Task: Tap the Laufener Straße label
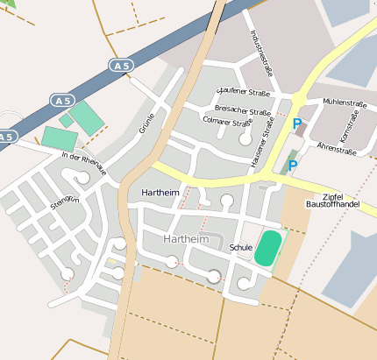[245, 90]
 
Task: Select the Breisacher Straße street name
[242, 111]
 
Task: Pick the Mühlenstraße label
[343, 102]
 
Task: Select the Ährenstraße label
[335, 150]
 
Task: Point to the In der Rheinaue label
[83, 163]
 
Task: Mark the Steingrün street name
[65, 201]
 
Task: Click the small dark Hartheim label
[160, 191]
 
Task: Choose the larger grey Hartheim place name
[185, 238]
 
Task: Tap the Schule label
[240, 248]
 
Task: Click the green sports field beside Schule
[268, 248]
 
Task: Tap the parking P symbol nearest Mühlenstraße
[297, 124]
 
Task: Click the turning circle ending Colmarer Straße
[245, 138]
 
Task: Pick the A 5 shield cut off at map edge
[6, 137]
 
